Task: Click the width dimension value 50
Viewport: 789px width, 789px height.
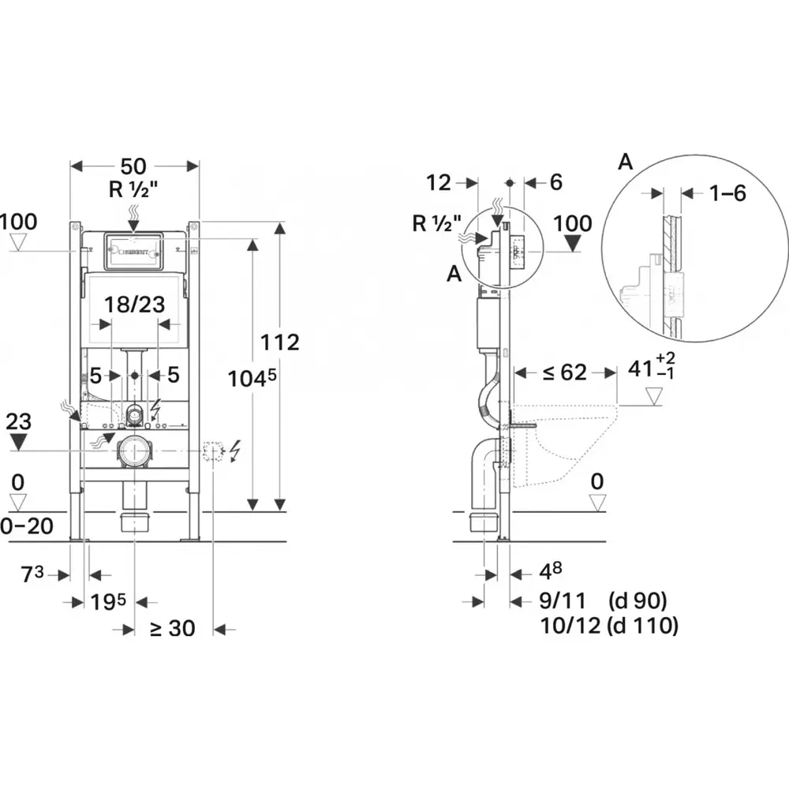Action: pyautogui.click(x=133, y=166)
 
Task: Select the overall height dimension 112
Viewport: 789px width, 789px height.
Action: pyautogui.click(x=281, y=343)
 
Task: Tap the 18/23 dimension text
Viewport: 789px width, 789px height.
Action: pyautogui.click(x=134, y=305)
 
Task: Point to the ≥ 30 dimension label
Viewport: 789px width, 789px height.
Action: pyautogui.click(x=172, y=628)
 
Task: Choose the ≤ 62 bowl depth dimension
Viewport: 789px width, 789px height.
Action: pyautogui.click(x=563, y=372)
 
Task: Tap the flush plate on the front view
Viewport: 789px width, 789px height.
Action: pyautogui.click(x=133, y=250)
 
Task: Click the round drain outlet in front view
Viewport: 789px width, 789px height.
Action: pyautogui.click(x=134, y=451)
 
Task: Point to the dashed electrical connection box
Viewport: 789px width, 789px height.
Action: pyautogui.click(x=214, y=451)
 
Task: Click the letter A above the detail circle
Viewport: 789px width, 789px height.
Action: pyautogui.click(x=625, y=163)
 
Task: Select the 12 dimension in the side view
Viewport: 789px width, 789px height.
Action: pyautogui.click(x=438, y=183)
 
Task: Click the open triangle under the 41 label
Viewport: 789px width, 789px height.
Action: pyautogui.click(x=654, y=396)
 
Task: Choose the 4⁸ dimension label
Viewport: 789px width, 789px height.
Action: pyautogui.click(x=551, y=570)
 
